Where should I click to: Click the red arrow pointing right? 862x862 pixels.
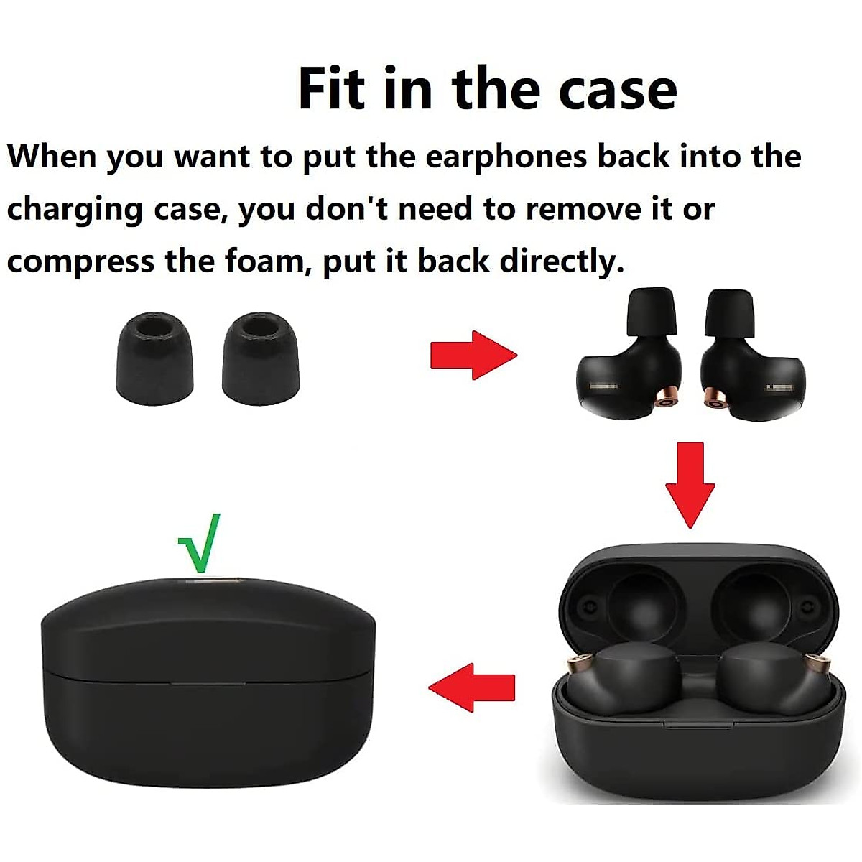473,354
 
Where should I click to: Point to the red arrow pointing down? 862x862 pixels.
690,484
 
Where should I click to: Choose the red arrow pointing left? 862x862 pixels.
472,687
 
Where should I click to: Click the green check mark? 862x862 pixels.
200,542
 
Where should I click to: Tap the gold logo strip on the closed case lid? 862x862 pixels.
208,578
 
